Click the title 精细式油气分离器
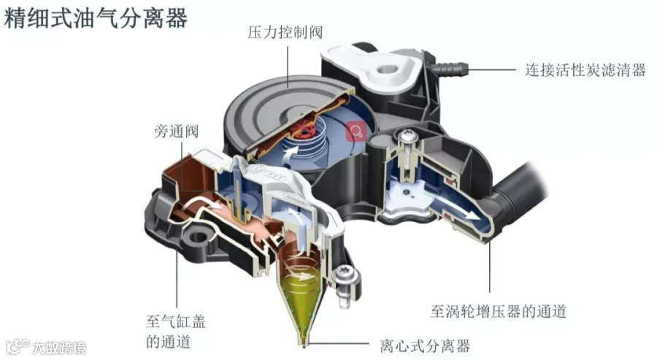[x=96, y=18]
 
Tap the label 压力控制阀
[x=286, y=32]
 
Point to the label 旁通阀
[x=176, y=132]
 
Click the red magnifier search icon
[x=356, y=130]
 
